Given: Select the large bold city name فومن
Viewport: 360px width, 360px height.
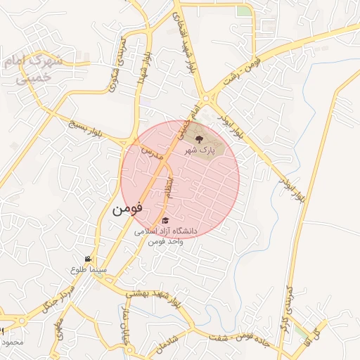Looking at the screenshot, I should (127, 208).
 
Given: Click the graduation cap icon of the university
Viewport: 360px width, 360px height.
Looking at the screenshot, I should (165, 221).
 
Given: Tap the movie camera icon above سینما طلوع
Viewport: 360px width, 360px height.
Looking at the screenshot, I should (88, 259).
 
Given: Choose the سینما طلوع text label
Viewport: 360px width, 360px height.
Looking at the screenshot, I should (88, 269).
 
